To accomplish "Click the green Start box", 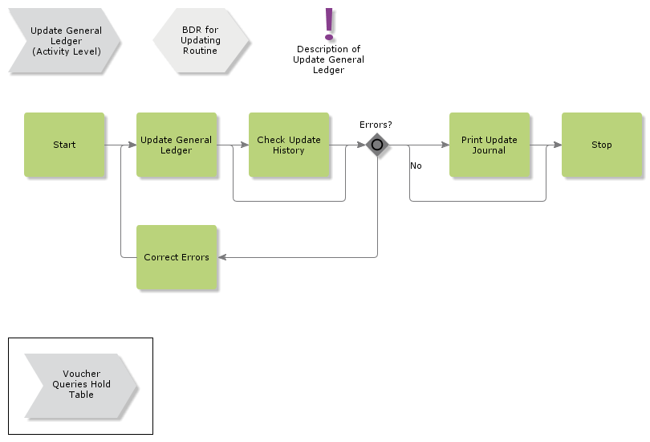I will [64, 145].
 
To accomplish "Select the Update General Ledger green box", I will [177, 145].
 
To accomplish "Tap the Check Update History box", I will [289, 145].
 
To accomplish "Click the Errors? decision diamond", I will [376, 145].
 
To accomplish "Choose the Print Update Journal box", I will [490, 145].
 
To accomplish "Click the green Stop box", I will [602, 145].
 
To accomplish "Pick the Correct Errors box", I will [177, 257].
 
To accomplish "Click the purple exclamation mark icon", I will [328, 24].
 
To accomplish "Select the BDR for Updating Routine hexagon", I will [201, 40].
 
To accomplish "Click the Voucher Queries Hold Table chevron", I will [80, 384].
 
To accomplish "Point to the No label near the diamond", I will [416, 166].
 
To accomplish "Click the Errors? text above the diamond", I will [376, 125].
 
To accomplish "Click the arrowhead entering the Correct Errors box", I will [222, 257].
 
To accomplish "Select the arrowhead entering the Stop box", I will [557, 145].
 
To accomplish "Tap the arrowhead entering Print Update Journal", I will [445, 145].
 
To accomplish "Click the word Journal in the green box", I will [489, 150].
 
